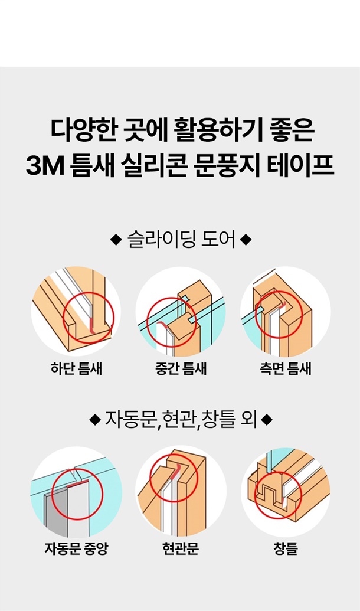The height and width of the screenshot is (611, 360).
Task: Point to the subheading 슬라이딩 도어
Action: pos(182,240)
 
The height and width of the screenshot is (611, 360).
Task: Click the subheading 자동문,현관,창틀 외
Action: pos(181,420)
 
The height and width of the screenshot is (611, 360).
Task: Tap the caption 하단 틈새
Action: pos(76,368)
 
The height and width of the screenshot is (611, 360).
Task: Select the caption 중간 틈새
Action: pos(181,368)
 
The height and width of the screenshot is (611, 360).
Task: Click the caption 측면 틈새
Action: pos(286,368)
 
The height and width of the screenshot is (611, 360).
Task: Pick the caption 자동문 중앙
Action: pos(76,548)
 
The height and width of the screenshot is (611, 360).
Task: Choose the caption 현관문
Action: pos(181,548)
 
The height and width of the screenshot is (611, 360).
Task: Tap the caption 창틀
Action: pos(286,548)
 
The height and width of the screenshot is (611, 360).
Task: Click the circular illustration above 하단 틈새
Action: pos(76,311)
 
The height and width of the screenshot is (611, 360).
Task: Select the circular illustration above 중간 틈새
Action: pos(181,311)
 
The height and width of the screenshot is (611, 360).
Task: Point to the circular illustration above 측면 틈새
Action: pos(286,311)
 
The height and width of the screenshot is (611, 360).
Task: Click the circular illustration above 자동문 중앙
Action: pos(76,492)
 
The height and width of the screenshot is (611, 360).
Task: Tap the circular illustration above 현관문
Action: pos(181,492)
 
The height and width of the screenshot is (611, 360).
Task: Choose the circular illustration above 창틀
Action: pos(286,492)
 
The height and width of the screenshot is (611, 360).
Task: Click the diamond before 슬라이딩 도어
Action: pos(116,240)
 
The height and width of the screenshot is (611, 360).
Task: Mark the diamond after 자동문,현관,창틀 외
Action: pos(267,420)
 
